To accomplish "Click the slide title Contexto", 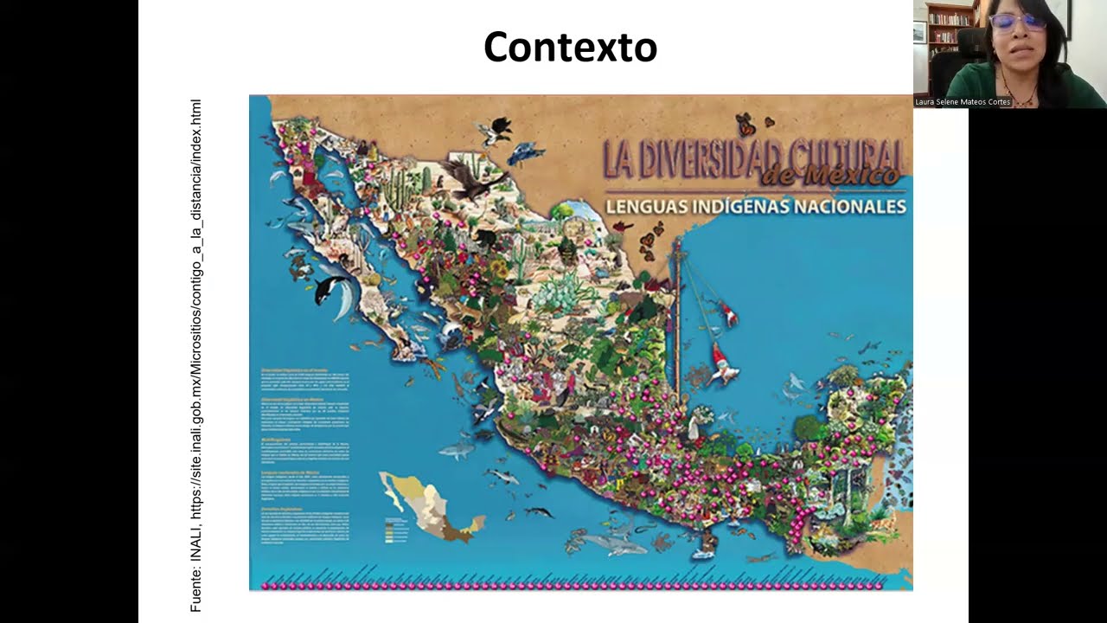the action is [570, 47].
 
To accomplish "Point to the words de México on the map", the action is [830, 177].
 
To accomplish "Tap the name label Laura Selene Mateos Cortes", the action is [963, 102].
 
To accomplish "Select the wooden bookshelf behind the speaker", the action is [950, 35].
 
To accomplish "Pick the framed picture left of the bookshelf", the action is [919, 31].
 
